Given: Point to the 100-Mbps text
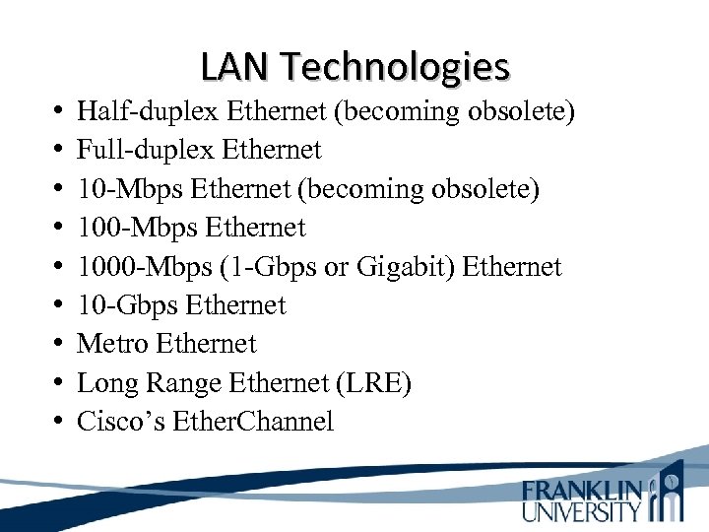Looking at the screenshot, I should (x=137, y=228).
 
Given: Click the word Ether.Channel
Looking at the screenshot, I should (x=253, y=422).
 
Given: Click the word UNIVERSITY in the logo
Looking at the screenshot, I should (x=582, y=511).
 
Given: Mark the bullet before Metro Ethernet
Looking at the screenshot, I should (x=59, y=345).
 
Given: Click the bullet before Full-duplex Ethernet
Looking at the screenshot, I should (x=59, y=151).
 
